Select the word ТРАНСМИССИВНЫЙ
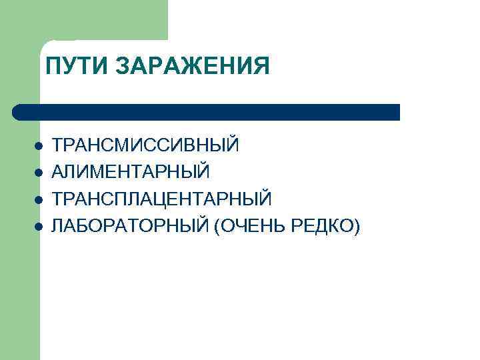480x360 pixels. [x=145, y=145]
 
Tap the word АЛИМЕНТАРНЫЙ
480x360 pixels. [x=131, y=172]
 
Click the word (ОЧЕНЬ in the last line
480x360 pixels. [x=249, y=227]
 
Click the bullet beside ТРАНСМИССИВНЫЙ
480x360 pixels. [x=39, y=145]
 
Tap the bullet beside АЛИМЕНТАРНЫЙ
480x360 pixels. [x=39, y=173]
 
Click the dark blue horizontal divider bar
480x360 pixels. [x=207, y=111]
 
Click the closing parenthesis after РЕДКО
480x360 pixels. [x=358, y=227]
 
